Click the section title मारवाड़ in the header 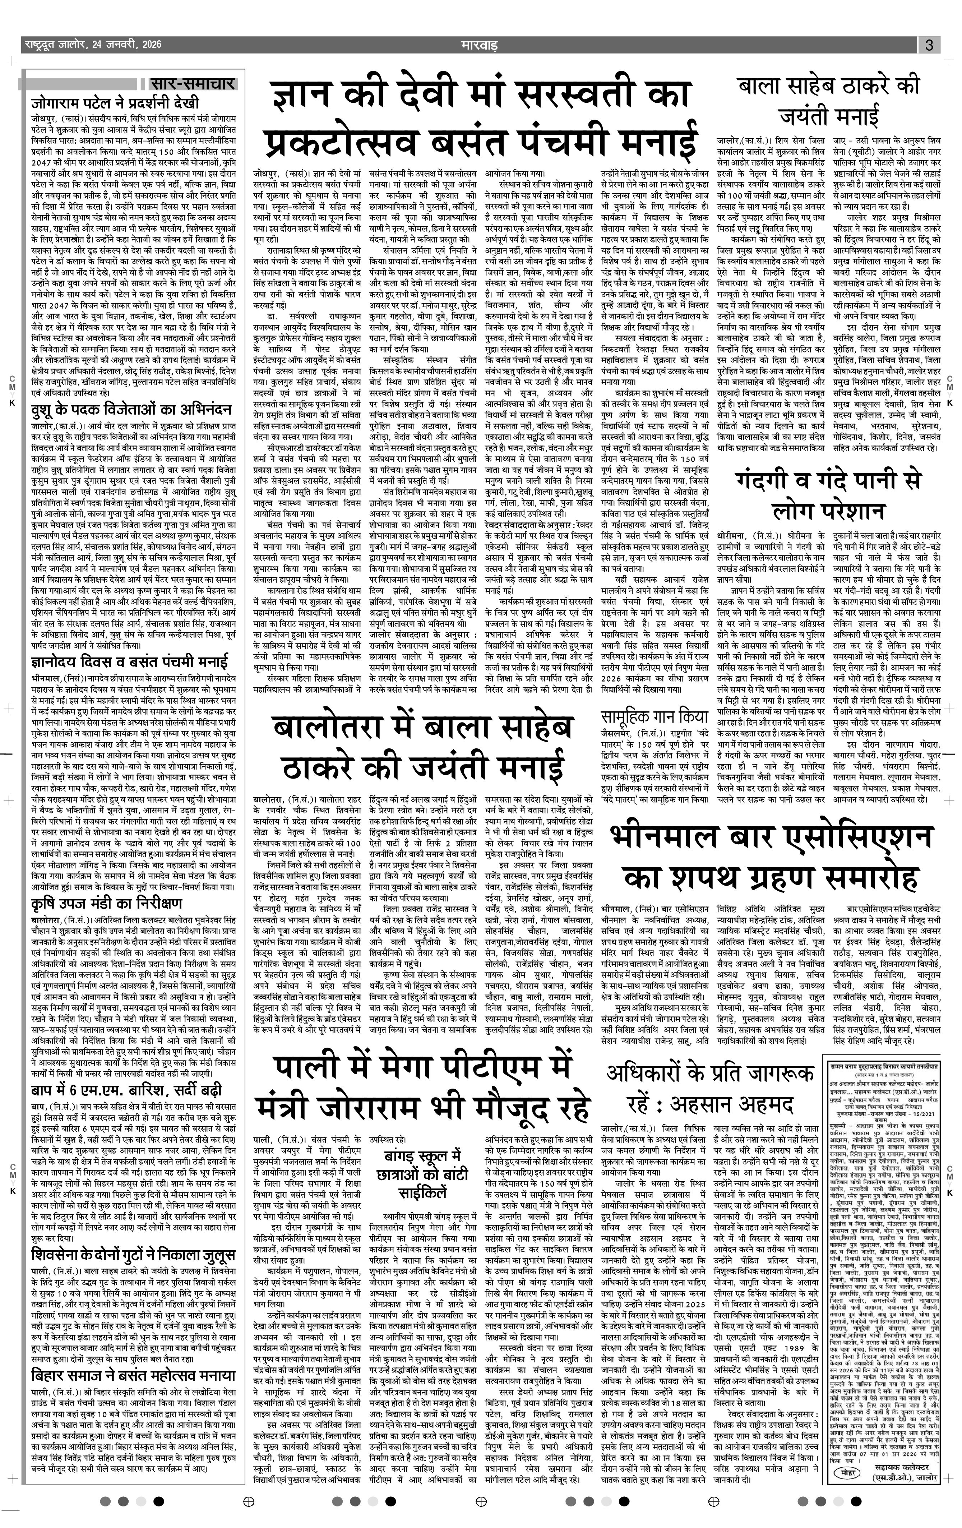(479, 45)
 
